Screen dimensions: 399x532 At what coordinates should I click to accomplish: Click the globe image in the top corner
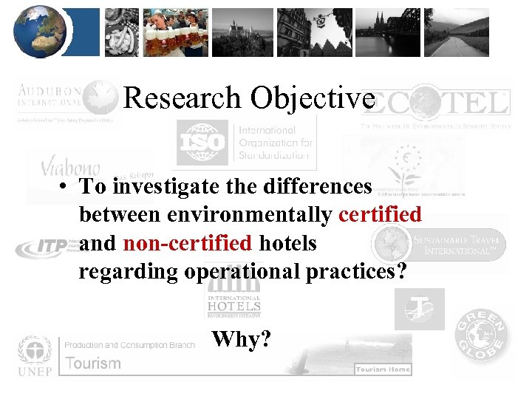coord(40,32)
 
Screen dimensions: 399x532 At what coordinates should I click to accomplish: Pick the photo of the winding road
coord(466,33)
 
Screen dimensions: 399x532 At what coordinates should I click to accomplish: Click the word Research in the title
coord(182,98)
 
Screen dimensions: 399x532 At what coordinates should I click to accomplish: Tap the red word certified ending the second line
coord(380,214)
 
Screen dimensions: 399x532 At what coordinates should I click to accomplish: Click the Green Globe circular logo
coord(481,337)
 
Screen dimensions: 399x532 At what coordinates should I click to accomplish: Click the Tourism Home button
coord(382,369)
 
